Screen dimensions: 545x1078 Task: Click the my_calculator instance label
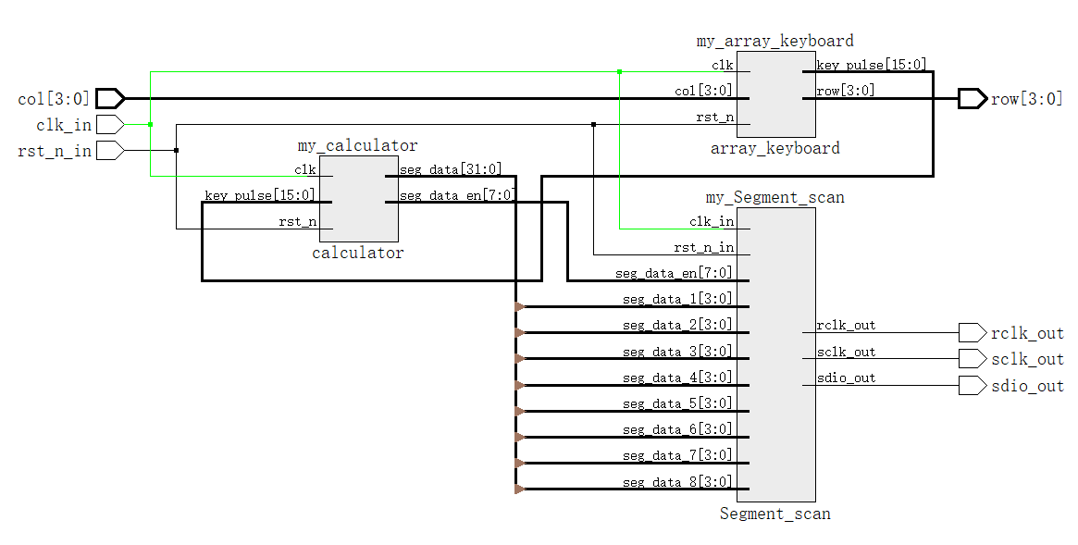pyautogui.click(x=357, y=145)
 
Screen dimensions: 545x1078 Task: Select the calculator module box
pyautogui.click(x=359, y=197)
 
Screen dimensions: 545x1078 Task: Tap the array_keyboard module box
pyautogui.click(x=776, y=93)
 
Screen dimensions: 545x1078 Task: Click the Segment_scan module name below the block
pyautogui.click(x=775, y=514)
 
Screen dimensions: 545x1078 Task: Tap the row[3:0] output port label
pyautogui.click(x=1027, y=99)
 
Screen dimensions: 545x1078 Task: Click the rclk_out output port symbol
pyautogui.click(x=972, y=332)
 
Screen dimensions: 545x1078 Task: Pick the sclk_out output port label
pyautogui.click(x=1027, y=359)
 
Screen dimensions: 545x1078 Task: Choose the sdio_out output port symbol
pyautogui.click(x=972, y=385)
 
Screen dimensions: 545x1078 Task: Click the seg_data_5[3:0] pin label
pyautogui.click(x=677, y=403)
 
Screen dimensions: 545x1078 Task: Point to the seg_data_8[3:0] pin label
pyautogui.click(x=677, y=482)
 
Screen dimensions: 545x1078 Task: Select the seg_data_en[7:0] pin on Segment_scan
pyautogui.click(x=675, y=273)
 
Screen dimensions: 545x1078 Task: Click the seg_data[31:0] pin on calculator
pyautogui.click(x=451, y=169)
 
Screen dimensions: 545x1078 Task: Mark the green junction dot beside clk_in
pyautogui.click(x=150, y=124)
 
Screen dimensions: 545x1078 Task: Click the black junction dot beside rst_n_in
pyautogui.click(x=176, y=150)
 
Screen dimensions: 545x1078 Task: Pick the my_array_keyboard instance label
pyautogui.click(x=774, y=41)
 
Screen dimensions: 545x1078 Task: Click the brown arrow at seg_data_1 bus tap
pyautogui.click(x=520, y=306)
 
